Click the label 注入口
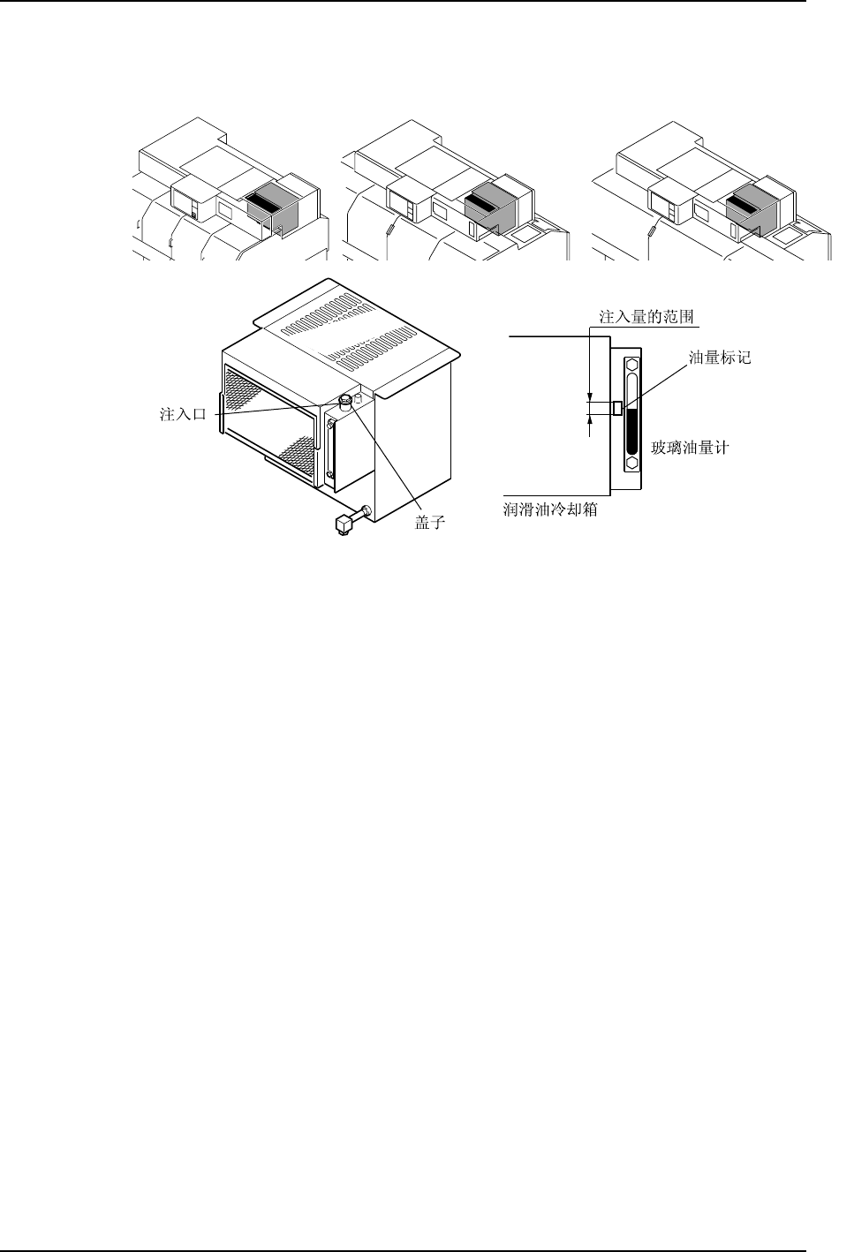click(182, 414)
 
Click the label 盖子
click(430, 523)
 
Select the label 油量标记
click(720, 358)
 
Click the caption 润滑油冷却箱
click(544, 510)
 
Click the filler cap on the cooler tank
click(345, 401)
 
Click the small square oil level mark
click(617, 408)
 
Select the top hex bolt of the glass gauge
click(631, 363)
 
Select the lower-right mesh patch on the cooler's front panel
click(297, 456)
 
